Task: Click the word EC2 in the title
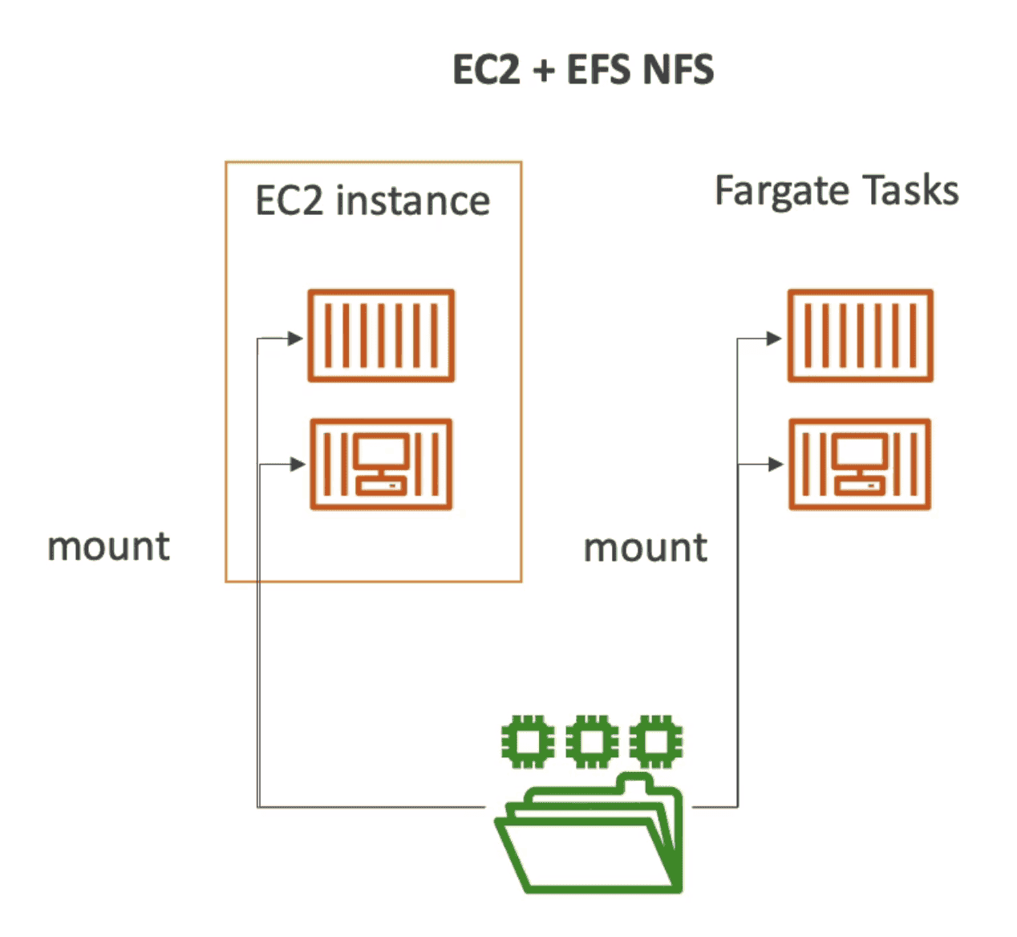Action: point(487,70)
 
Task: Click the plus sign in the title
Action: point(543,71)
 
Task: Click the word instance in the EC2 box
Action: point(412,201)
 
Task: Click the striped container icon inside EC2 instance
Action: point(381,335)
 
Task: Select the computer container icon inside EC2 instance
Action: point(381,464)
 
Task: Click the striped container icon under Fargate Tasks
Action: point(860,335)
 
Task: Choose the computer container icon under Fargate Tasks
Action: point(860,464)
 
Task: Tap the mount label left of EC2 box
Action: point(109,547)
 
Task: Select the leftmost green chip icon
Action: point(527,742)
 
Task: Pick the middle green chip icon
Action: point(591,742)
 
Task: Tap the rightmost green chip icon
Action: point(655,742)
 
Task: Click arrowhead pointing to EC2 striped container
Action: point(295,339)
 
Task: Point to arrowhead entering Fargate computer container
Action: point(775,464)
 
